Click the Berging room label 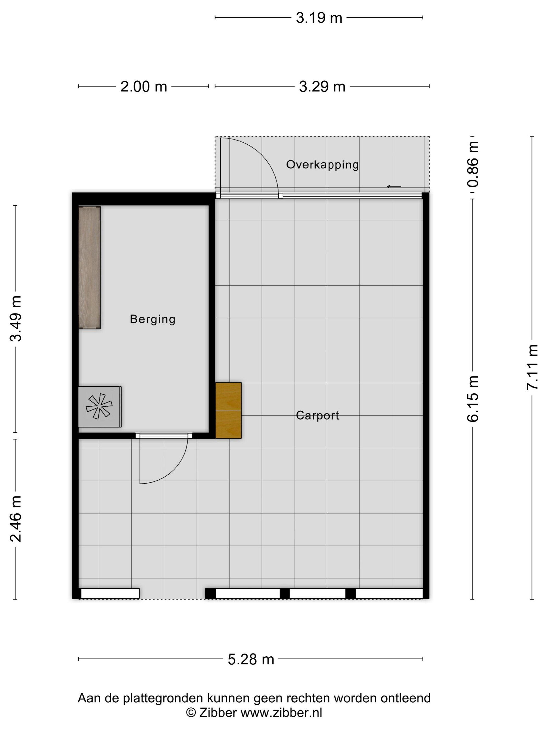(x=152, y=319)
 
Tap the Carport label (x=317, y=415)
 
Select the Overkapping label (x=322, y=165)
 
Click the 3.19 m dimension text (x=319, y=18)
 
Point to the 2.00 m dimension (x=144, y=87)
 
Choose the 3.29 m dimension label (x=322, y=87)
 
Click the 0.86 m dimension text (x=473, y=164)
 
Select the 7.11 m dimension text (x=532, y=367)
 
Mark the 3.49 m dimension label (x=15, y=318)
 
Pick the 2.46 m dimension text (x=15, y=519)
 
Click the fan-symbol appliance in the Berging (x=100, y=407)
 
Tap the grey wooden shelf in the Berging (x=89, y=267)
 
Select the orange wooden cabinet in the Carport (x=228, y=410)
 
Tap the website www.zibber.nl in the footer (x=281, y=713)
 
